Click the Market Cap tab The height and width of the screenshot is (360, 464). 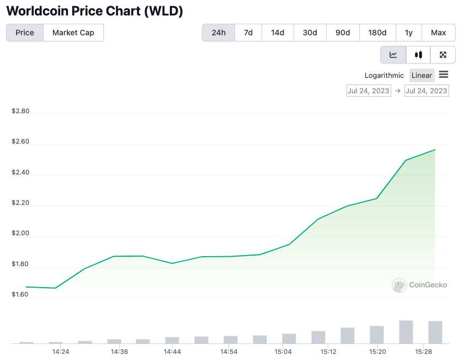pos(73,33)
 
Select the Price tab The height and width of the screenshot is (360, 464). pos(25,33)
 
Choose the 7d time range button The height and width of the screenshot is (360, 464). pos(248,33)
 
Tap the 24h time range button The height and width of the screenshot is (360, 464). pos(218,33)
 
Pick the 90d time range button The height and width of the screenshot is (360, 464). pos(343,33)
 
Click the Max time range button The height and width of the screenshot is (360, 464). pos(439,33)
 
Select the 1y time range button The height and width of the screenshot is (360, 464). pos(409,33)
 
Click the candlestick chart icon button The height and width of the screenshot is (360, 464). pos(419,55)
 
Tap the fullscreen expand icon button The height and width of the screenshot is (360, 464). pos(442,55)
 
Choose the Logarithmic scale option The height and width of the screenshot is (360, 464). pos(384,75)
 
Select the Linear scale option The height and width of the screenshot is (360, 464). pos(422,75)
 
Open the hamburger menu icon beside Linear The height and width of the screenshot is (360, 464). pos(444,75)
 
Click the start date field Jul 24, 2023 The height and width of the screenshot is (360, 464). pos(369,91)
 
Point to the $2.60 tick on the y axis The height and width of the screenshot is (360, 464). pos(20,142)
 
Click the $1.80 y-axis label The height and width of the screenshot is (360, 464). pos(20,264)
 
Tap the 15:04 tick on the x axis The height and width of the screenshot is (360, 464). pos(282,352)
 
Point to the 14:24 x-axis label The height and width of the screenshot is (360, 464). pos(61,352)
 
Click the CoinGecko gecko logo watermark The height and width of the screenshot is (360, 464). pos(399,285)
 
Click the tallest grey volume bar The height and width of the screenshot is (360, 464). pos(406,332)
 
